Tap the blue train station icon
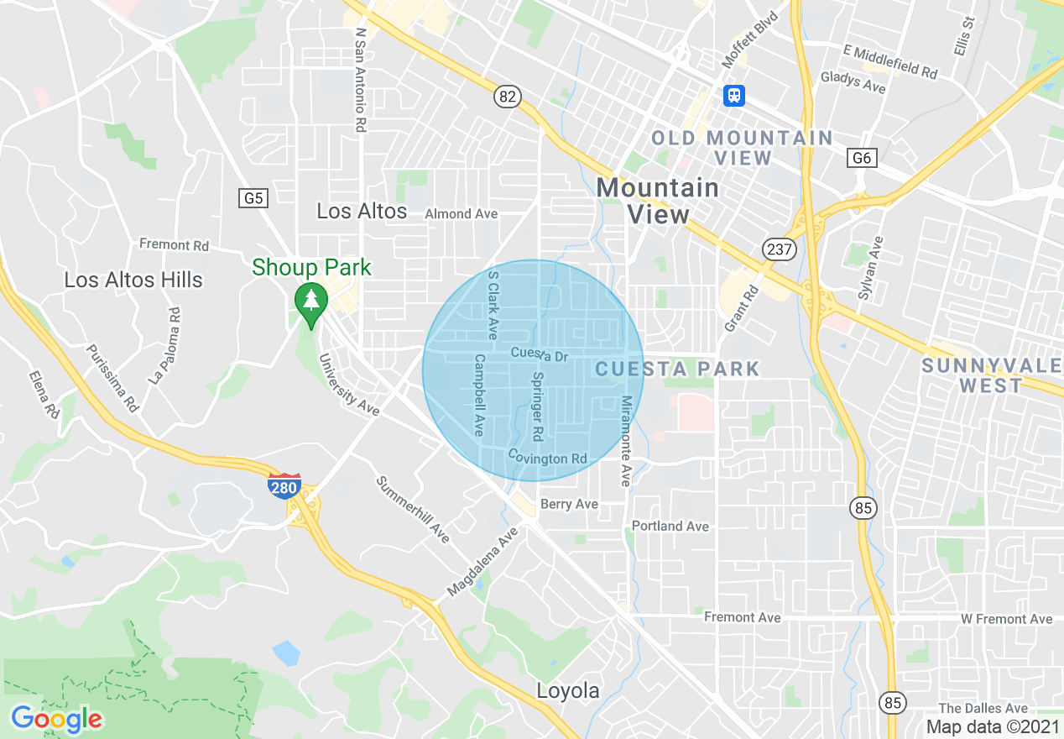click(734, 96)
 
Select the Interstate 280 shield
click(284, 485)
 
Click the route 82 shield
click(507, 97)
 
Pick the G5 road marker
click(253, 198)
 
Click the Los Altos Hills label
click(133, 280)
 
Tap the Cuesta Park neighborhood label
click(677, 369)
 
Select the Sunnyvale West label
click(992, 375)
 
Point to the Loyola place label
click(569, 691)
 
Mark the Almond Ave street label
click(461, 214)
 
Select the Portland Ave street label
click(670, 527)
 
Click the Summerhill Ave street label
click(413, 509)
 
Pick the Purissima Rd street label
click(112, 378)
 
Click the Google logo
click(56, 719)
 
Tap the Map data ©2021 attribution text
click(991, 726)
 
